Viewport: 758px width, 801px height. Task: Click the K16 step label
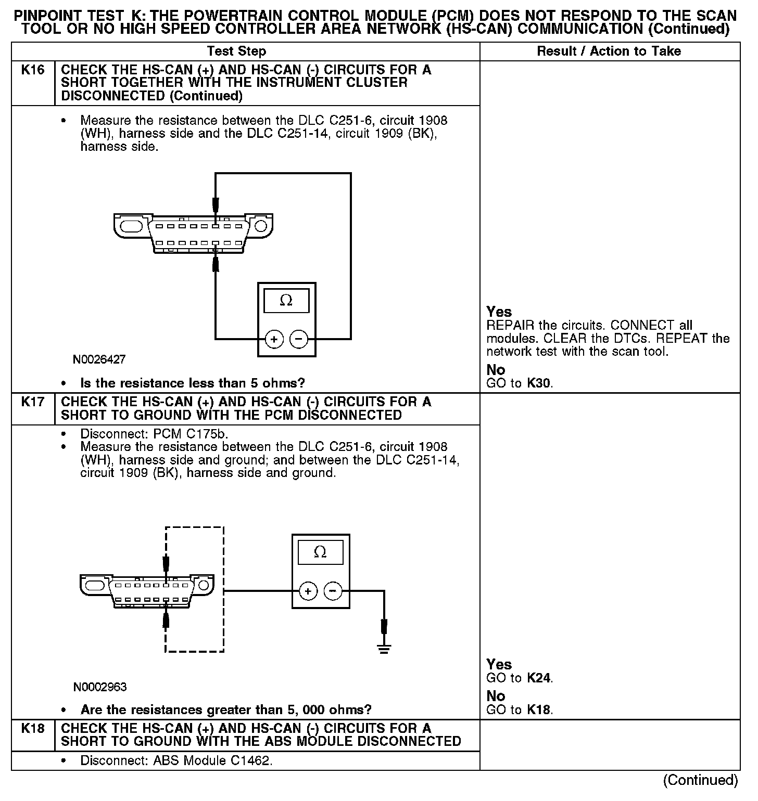pyautogui.click(x=33, y=70)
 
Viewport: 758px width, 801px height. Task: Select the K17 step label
pyautogui.click(x=33, y=402)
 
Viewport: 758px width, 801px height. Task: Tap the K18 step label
pyautogui.click(x=33, y=729)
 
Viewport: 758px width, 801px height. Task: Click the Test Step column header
pyautogui.click(x=236, y=51)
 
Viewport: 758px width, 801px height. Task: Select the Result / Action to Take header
pyautogui.click(x=609, y=51)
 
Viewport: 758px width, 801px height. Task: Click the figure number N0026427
pyautogui.click(x=99, y=359)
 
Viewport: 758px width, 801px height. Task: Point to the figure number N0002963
pyautogui.click(x=100, y=687)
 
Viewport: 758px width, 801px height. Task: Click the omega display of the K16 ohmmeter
pyautogui.click(x=286, y=301)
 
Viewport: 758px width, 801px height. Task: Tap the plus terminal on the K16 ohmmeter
pyautogui.click(x=274, y=340)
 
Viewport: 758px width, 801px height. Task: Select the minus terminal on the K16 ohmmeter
pyautogui.click(x=299, y=340)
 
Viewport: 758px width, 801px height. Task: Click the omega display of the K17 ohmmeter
pyautogui.click(x=320, y=552)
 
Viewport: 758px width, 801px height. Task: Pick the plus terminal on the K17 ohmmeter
pyautogui.click(x=308, y=591)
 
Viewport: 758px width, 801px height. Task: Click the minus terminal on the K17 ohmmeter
pyautogui.click(x=333, y=591)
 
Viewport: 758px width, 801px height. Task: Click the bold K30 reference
pyautogui.click(x=539, y=384)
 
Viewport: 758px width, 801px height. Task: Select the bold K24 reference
pyautogui.click(x=539, y=678)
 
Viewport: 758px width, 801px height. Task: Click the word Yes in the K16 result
pyautogui.click(x=499, y=312)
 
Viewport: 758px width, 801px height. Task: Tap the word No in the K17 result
pyautogui.click(x=496, y=696)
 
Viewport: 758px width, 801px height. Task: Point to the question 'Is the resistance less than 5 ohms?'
pyautogui.click(x=193, y=384)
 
